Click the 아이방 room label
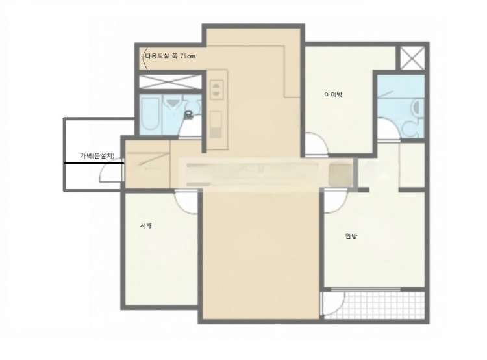click(333, 94)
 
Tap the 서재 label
click(145, 225)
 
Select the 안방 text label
click(351, 237)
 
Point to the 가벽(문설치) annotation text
click(97, 156)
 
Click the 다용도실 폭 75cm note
click(170, 57)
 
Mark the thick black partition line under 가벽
click(94, 163)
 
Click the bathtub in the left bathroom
click(150, 114)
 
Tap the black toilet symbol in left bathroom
click(188, 115)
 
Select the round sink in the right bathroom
click(416, 107)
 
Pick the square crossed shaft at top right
click(412, 58)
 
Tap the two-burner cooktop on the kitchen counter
click(216, 90)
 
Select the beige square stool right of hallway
click(340, 175)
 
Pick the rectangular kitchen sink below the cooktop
click(216, 124)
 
